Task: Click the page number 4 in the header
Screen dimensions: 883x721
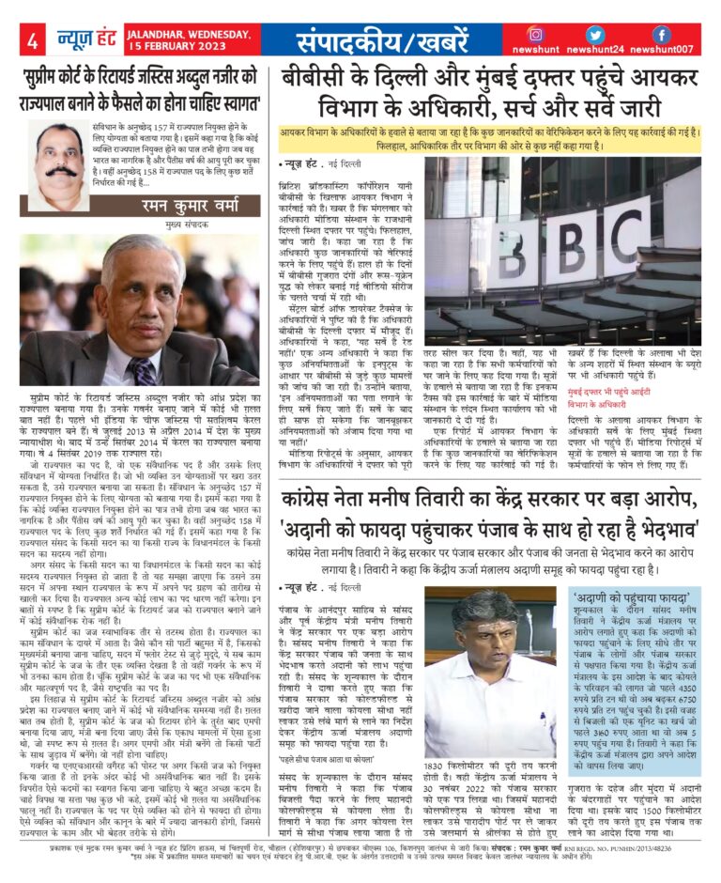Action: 31,40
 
